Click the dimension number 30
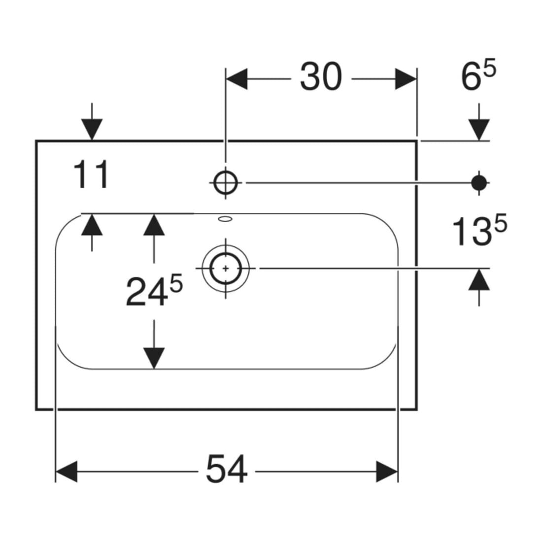tap(321, 77)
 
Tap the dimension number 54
tap(227, 469)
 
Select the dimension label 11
tap(91, 174)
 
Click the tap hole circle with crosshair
tap(226, 182)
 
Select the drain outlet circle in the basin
tap(226, 268)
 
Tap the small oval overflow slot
tap(225, 218)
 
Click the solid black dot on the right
tap(479, 182)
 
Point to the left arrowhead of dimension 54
tap(66, 472)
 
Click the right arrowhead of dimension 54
tap(387, 472)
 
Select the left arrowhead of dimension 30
tap(237, 79)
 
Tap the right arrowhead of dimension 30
tap(406, 79)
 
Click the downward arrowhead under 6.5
tap(479, 130)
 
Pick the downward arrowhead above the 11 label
tap(92, 130)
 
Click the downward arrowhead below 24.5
tap(154, 358)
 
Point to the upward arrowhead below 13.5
tap(479, 279)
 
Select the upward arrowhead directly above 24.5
tap(154, 225)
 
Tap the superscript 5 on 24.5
tap(176, 285)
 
